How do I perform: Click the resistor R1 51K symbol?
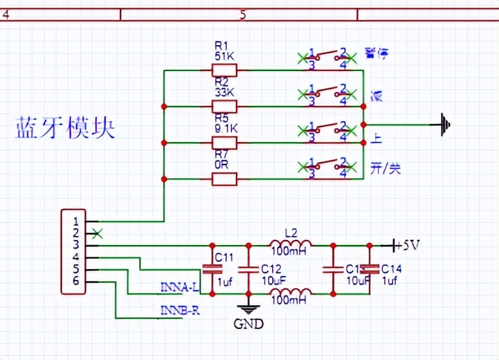[224, 70]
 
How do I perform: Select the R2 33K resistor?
[224, 106]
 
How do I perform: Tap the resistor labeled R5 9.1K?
[224, 142]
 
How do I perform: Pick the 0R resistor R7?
[224, 178]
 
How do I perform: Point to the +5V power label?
[407, 246]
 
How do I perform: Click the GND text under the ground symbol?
[249, 324]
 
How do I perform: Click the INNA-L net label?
[179, 286]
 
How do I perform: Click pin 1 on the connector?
[75, 221]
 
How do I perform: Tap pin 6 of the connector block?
[75, 281]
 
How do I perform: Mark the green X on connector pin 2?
[97, 233]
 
